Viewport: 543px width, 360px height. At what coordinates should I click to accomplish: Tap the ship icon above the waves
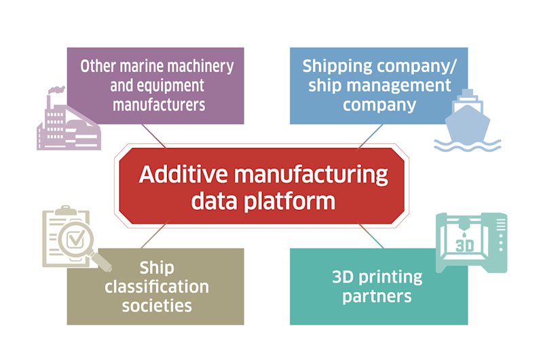pos(466,115)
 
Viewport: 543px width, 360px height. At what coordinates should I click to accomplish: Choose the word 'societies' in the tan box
pos(156,305)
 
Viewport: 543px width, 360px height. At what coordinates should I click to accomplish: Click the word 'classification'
pos(156,286)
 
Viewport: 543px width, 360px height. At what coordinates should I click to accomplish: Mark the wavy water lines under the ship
pos(468,145)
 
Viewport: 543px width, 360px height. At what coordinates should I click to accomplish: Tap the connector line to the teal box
pos(371,236)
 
